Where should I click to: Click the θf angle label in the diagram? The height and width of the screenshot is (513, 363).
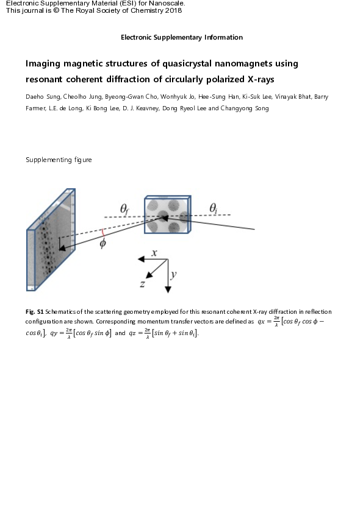pos(124,210)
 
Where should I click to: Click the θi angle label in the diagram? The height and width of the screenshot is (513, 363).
pos(214,208)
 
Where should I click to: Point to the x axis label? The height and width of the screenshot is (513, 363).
pos(154,252)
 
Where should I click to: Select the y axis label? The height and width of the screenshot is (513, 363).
pos(174,275)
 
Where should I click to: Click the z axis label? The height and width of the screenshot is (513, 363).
pos(142,283)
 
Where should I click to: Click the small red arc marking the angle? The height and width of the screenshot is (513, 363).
pos(104,232)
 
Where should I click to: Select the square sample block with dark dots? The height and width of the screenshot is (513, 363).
pos(167,215)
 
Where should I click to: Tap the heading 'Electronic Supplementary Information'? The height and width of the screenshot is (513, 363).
pos(181,37)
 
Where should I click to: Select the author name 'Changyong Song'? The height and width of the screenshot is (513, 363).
pos(244,108)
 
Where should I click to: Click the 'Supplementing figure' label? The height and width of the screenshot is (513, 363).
pos(59,160)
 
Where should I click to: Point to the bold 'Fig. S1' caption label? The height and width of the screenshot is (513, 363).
pos(35,311)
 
